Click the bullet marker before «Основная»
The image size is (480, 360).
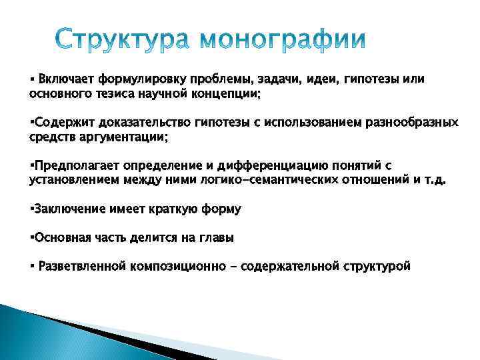coord(31,237)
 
